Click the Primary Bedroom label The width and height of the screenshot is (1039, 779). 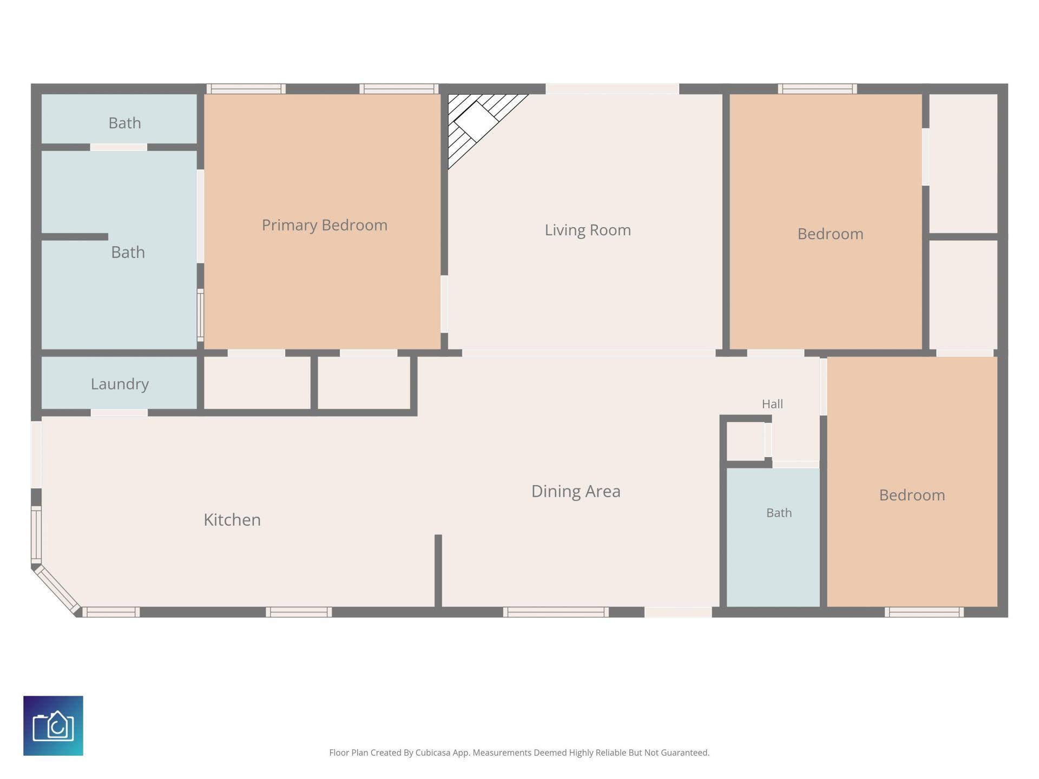(325, 225)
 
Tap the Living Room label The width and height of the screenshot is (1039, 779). (588, 230)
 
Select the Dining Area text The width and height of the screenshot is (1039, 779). (576, 491)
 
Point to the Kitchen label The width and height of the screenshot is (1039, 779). (232, 520)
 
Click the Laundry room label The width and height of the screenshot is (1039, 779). (120, 384)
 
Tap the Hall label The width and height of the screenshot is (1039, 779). (772, 404)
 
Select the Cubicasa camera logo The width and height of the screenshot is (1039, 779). (53, 725)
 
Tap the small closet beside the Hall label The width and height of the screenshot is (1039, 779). (745, 441)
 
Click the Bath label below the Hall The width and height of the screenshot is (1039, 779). (779, 513)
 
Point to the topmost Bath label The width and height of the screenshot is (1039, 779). (124, 123)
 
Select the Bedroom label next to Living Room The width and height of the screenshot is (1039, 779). (830, 234)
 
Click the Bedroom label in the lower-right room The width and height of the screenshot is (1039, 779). (912, 495)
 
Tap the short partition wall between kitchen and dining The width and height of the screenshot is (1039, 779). (438, 571)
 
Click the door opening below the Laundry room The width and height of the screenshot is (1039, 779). (119, 413)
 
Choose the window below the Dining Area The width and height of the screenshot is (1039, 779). (556, 612)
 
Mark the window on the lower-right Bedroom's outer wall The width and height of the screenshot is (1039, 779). (924, 612)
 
